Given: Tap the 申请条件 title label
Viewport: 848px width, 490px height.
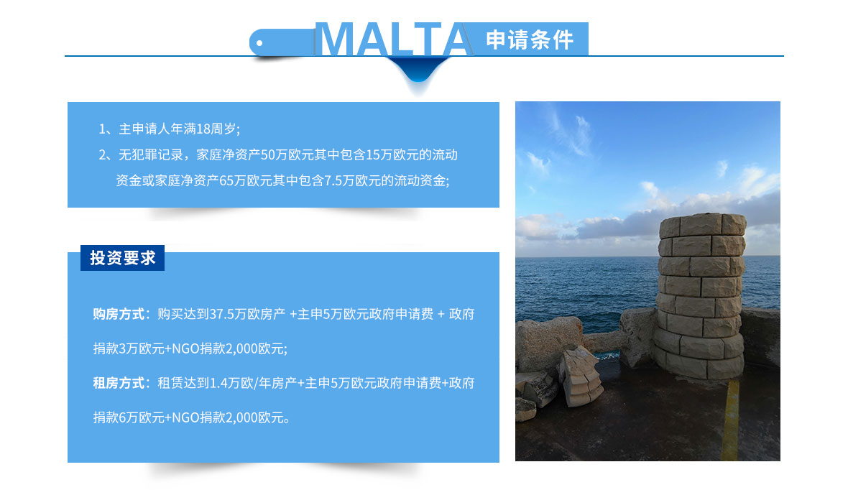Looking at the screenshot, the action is coord(530,40).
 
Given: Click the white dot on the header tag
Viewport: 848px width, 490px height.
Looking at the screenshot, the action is coord(259,43).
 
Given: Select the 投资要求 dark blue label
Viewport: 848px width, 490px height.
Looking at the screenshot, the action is coord(122,258).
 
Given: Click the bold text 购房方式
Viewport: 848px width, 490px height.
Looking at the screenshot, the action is coord(119,314).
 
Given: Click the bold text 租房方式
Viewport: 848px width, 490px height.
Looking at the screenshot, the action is coord(119,383).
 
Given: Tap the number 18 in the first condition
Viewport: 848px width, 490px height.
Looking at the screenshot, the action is coord(203,129).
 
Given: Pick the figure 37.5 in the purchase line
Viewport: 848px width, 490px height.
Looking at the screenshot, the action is coord(221,314).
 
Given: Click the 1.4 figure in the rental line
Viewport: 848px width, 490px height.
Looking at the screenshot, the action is coord(218,384).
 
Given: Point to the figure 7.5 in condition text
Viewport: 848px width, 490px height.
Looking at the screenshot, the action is coord(333,180).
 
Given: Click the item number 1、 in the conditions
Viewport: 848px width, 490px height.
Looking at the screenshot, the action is coord(106,129).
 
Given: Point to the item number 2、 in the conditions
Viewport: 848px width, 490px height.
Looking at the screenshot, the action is coord(106,155).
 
